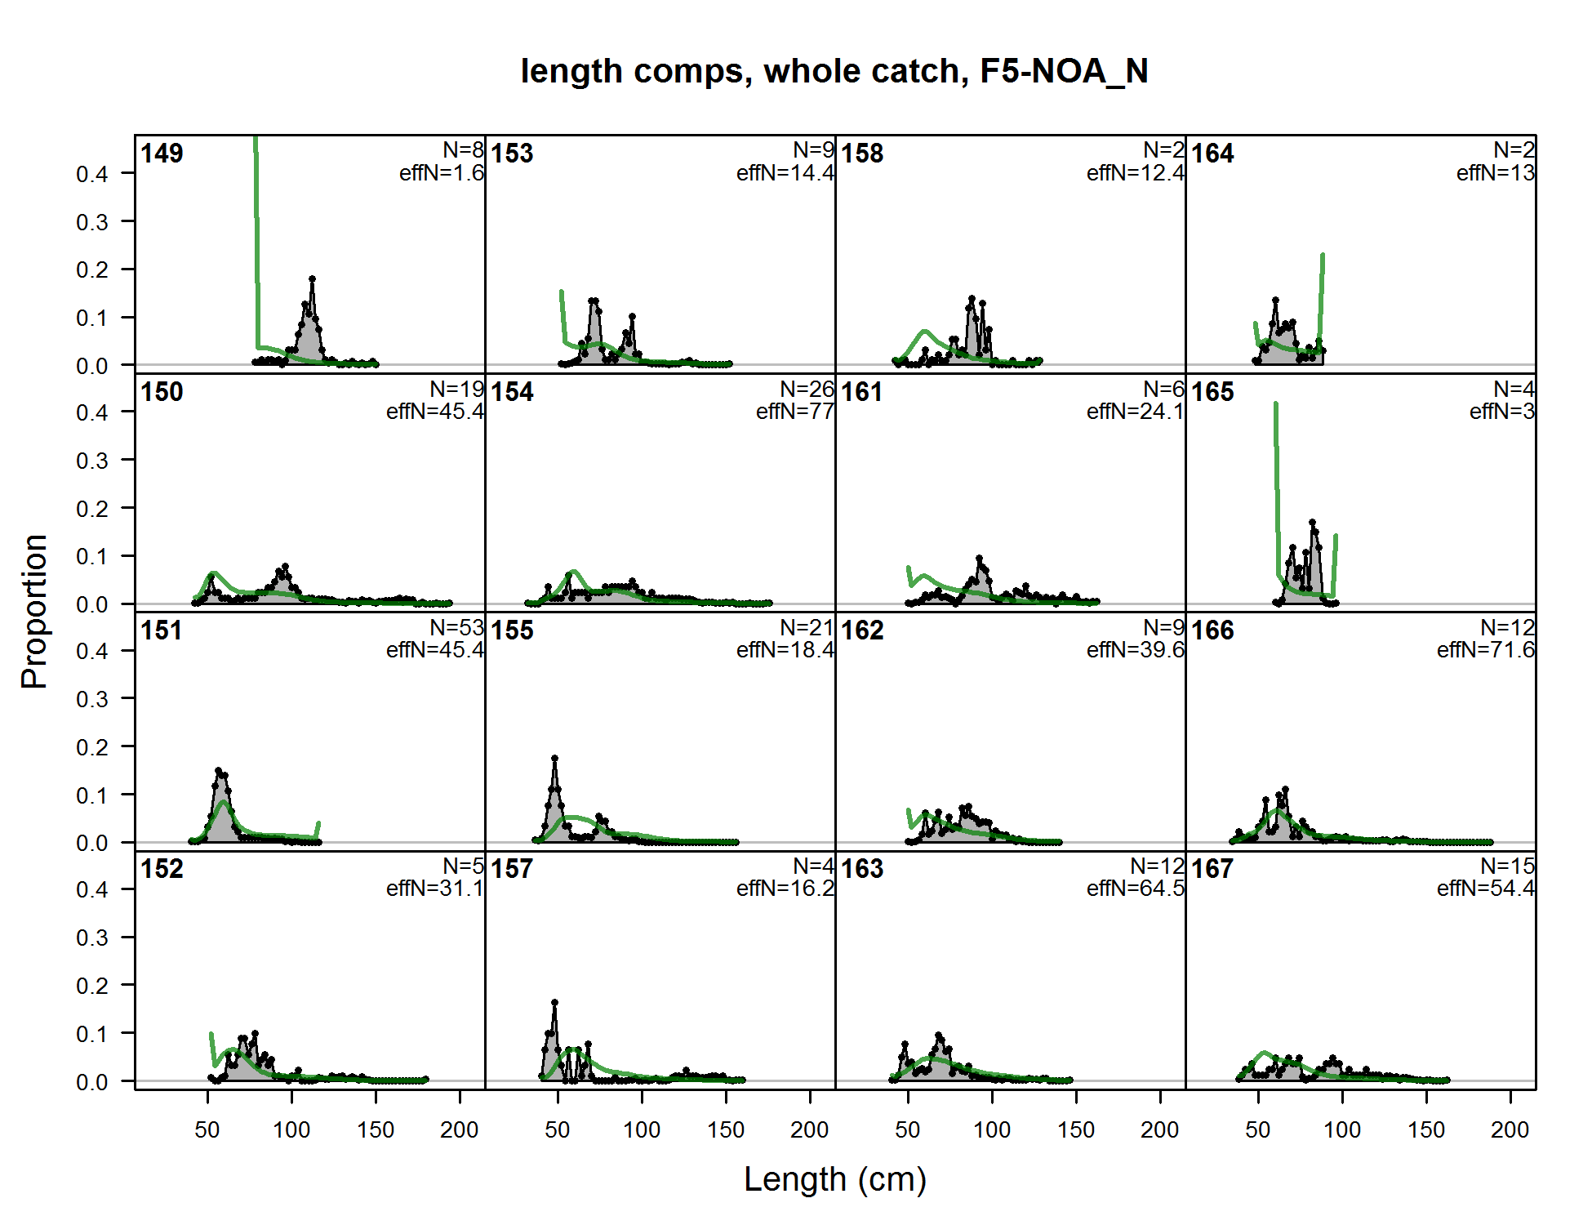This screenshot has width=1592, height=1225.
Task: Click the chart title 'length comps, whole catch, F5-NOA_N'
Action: pyautogui.click(x=834, y=71)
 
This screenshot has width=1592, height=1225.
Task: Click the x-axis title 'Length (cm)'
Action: pyautogui.click(x=834, y=1179)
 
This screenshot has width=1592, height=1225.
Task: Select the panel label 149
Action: pyautogui.click(x=162, y=154)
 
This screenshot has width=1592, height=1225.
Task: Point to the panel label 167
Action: pyautogui.click(x=1212, y=869)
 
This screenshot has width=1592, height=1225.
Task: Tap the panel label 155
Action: pyautogui.click(x=512, y=630)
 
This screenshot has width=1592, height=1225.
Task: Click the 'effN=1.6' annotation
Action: pyautogui.click(x=441, y=173)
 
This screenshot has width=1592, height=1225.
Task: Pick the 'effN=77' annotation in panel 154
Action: pyautogui.click(x=794, y=412)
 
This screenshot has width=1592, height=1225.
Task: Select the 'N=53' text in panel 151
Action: pyautogui.click(x=456, y=628)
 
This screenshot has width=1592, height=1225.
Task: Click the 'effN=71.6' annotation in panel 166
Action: pyautogui.click(x=1485, y=650)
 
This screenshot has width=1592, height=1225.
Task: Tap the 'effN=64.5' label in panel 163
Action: pyautogui.click(x=1135, y=889)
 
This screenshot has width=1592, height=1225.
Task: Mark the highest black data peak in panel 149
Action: pyautogui.click(x=312, y=280)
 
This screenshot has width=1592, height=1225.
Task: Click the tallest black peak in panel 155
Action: pyautogui.click(x=555, y=759)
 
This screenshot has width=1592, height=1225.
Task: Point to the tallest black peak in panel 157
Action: pyautogui.click(x=555, y=1002)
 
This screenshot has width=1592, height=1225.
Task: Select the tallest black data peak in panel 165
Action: pyautogui.click(x=1312, y=522)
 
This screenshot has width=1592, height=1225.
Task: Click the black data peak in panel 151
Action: pyautogui.click(x=218, y=771)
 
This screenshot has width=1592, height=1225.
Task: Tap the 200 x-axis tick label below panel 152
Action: pyautogui.click(x=460, y=1130)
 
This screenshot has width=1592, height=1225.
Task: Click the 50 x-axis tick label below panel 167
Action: pyautogui.click(x=1258, y=1130)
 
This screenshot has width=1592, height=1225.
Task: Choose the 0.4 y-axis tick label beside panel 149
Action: pyautogui.click(x=92, y=174)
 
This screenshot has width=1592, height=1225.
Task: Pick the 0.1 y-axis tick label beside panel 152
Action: pyautogui.click(x=92, y=1034)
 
